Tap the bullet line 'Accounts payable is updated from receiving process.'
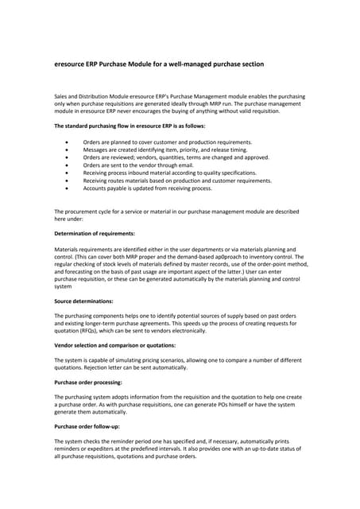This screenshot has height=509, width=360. (x=147, y=188)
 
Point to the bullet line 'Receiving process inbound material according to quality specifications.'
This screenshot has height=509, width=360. (x=169, y=173)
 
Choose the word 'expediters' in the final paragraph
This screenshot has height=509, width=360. (x=110, y=449)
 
